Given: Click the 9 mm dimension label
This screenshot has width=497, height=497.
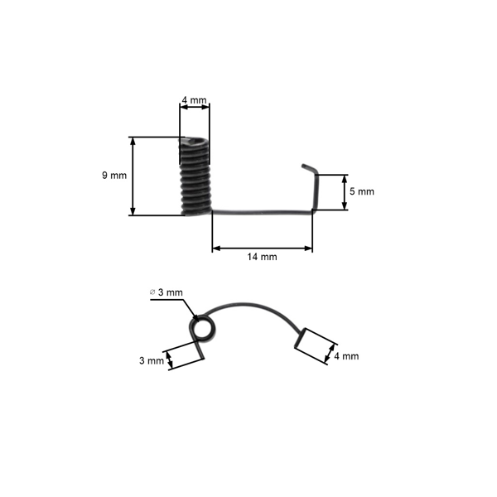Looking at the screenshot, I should click(114, 176).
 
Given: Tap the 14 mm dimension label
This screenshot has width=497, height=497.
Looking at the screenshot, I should click(262, 257).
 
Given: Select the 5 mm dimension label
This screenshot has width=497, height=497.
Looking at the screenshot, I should click(362, 191).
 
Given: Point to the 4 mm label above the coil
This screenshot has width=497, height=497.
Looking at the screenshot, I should click(194, 101).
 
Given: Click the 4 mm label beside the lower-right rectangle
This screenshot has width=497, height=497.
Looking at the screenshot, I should click(346, 356).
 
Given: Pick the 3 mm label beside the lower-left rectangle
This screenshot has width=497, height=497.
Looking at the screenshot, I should click(152, 361).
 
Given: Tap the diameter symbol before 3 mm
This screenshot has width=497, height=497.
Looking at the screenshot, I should click(152, 292).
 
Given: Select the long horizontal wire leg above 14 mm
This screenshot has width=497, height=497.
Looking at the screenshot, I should click(261, 212).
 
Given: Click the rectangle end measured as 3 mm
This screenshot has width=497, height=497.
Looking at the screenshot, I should click(186, 354).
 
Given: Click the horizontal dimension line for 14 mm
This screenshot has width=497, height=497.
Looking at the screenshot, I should click(262, 248).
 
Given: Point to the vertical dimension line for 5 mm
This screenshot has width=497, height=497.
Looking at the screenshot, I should click(345, 192).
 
